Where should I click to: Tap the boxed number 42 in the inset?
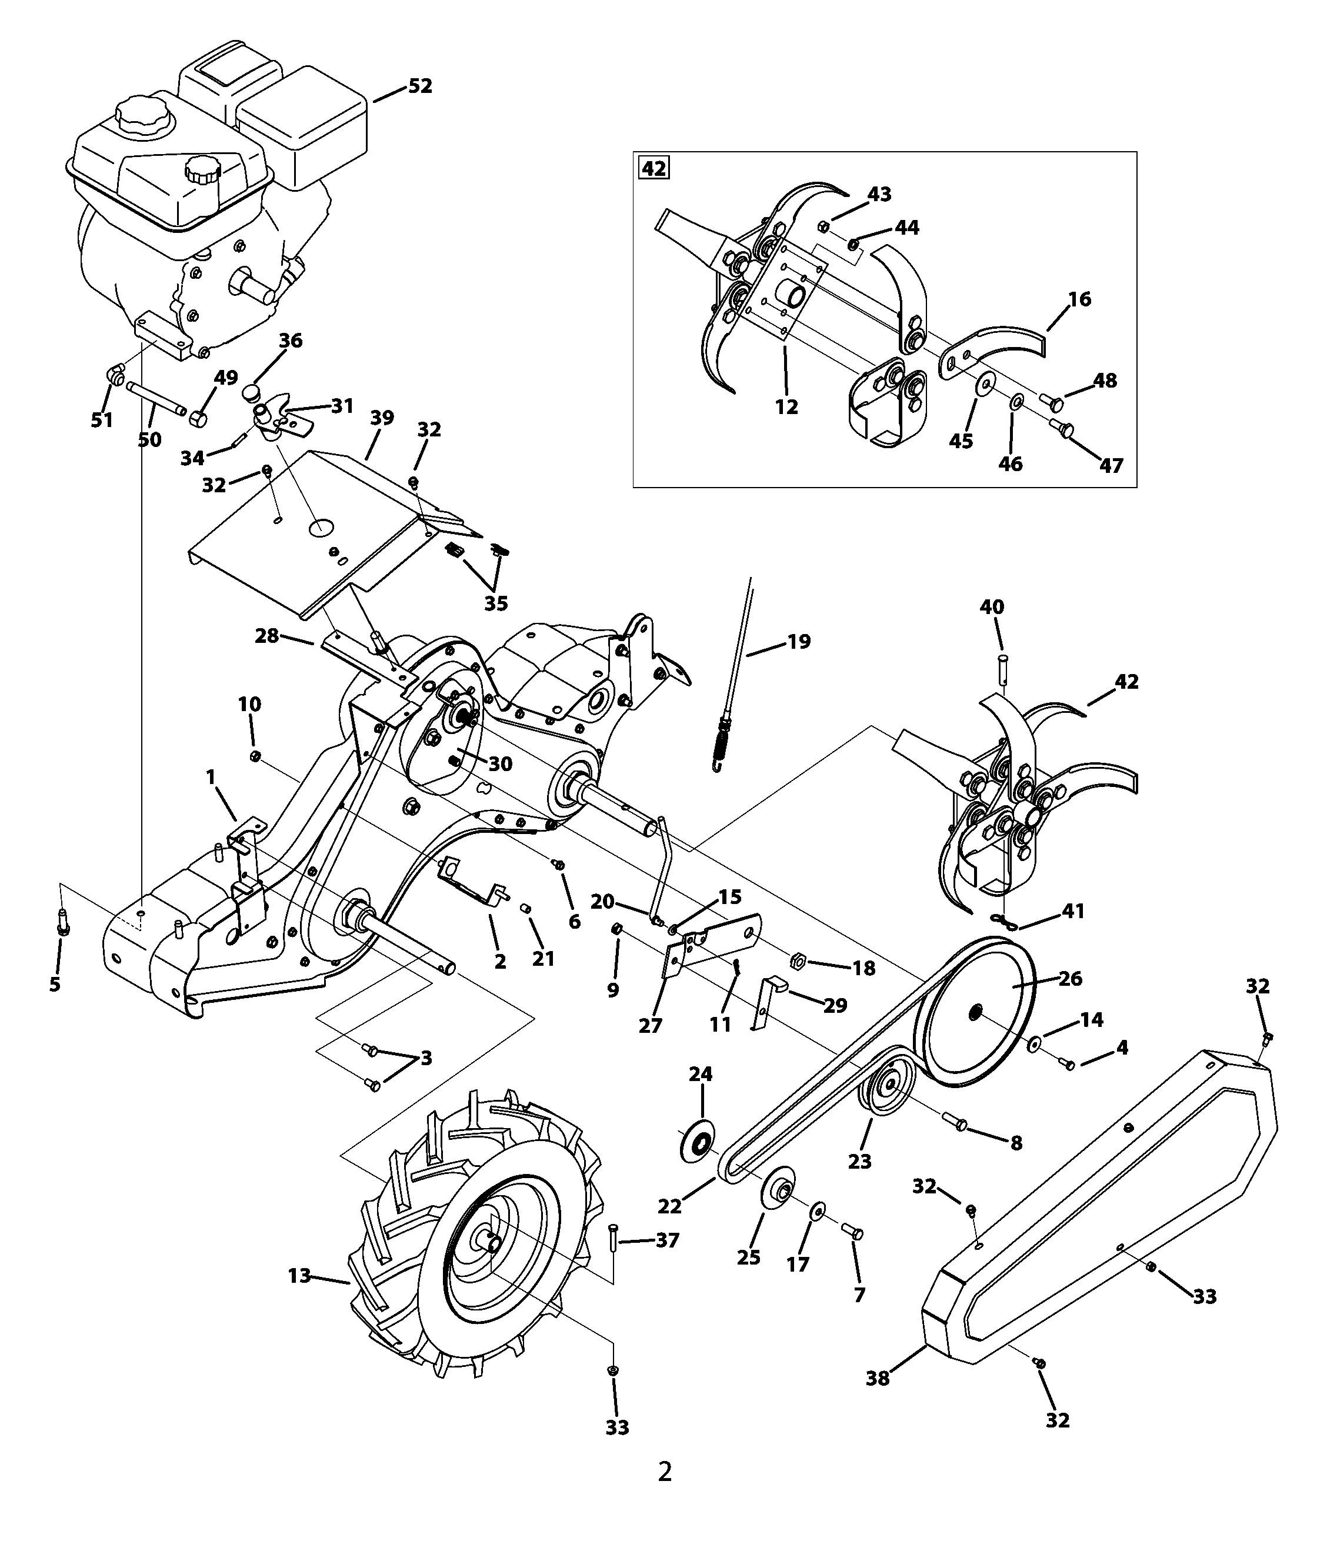click(654, 169)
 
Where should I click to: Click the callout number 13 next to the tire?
click(299, 1276)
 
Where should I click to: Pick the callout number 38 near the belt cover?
click(878, 1378)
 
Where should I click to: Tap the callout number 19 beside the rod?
click(799, 641)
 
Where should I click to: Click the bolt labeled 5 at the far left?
click(62, 923)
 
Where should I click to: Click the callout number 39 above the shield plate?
click(382, 418)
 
